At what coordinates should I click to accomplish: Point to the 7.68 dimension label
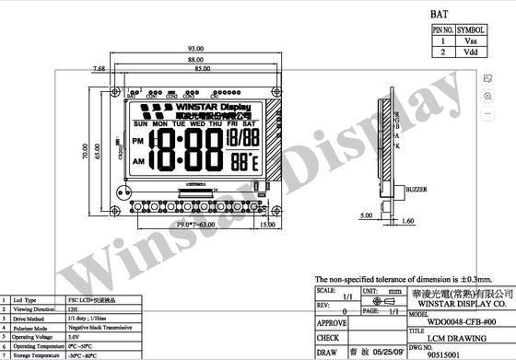pyautogui.click(x=98, y=68)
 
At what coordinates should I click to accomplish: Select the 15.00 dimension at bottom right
pyautogui.click(x=268, y=224)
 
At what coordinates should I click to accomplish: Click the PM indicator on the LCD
pyautogui.click(x=139, y=140)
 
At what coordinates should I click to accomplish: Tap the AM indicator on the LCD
pyautogui.click(x=139, y=161)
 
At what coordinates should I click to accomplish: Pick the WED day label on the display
pyautogui.click(x=197, y=122)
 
